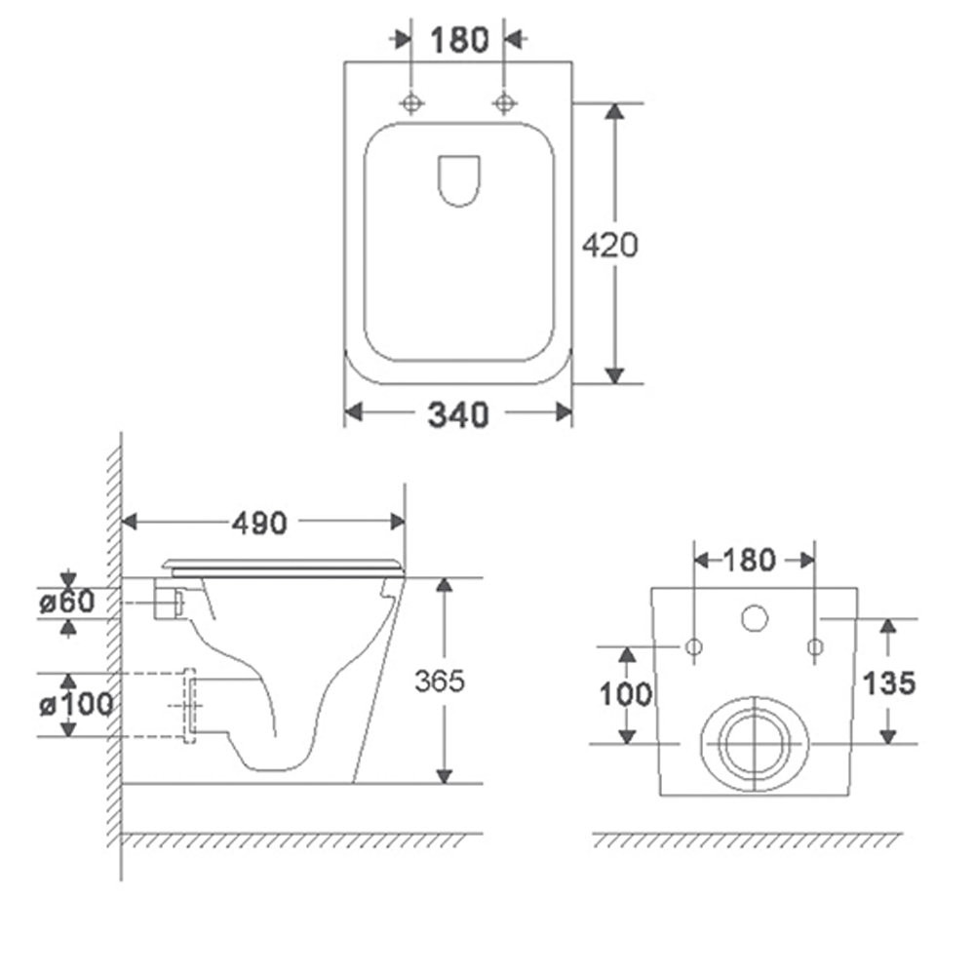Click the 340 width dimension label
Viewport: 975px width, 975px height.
coord(458,414)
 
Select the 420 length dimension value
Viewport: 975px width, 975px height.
coord(610,245)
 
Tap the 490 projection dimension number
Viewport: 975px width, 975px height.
coord(260,523)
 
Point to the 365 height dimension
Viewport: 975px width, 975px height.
coord(440,681)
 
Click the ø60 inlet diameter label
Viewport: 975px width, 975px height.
coord(67,602)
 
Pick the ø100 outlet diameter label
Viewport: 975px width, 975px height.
coord(76,705)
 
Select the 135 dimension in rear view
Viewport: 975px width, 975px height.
coord(889,683)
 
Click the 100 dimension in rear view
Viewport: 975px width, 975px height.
coord(626,694)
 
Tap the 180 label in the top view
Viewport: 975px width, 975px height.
coord(459,40)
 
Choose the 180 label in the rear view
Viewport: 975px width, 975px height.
coord(750,561)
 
